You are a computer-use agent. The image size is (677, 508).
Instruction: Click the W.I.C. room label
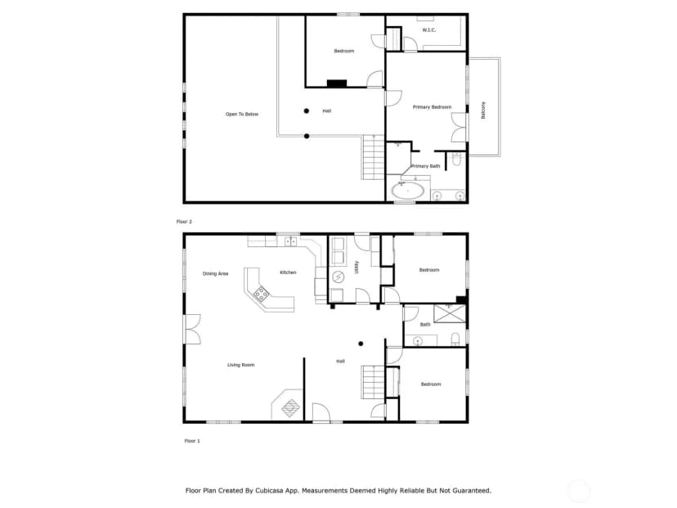click(428, 29)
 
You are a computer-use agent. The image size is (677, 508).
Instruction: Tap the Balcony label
click(483, 110)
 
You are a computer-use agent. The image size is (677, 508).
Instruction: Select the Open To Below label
click(242, 114)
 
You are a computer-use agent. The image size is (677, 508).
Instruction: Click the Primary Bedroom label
click(432, 106)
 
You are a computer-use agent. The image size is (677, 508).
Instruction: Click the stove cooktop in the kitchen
click(261, 294)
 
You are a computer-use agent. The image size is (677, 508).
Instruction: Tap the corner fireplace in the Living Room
click(289, 407)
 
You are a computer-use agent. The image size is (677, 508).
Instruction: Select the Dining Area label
click(215, 273)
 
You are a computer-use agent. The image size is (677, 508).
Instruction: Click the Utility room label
click(356, 267)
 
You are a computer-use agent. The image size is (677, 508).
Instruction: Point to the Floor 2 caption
click(184, 222)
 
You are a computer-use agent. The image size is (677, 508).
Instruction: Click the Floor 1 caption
click(192, 441)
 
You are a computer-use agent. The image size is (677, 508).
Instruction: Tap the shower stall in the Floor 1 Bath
click(450, 313)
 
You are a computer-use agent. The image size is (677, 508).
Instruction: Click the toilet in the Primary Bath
click(456, 159)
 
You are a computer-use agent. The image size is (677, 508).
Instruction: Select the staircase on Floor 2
click(373, 157)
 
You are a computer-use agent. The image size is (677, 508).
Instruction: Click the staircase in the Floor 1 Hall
click(373, 382)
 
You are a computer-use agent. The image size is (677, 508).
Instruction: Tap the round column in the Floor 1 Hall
click(361, 344)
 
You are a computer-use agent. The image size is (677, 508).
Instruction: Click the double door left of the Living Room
click(193, 329)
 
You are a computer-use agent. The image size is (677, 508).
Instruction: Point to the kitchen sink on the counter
click(290, 241)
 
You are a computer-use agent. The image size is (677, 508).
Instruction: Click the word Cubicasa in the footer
click(271, 490)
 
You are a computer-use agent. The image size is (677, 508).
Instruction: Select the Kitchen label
click(288, 272)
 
